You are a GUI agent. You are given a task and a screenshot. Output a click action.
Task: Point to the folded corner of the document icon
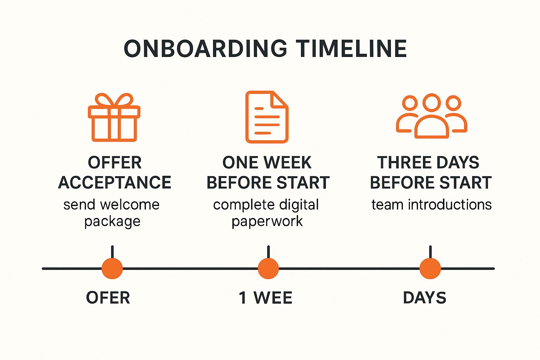(x=281, y=99)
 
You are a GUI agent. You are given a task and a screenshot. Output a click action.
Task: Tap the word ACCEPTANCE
(x=115, y=182)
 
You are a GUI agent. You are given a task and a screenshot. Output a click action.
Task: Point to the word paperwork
(x=267, y=221)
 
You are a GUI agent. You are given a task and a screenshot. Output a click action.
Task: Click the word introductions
(x=450, y=205)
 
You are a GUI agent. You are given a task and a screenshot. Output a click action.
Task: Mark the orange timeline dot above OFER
(x=112, y=269)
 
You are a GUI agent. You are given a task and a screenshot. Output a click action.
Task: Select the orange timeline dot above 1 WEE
(x=268, y=269)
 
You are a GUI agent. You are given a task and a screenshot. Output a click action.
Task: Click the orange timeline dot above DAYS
(x=430, y=269)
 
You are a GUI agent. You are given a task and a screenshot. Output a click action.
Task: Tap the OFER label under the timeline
(x=108, y=298)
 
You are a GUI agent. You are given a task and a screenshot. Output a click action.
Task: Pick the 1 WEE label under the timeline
(x=265, y=298)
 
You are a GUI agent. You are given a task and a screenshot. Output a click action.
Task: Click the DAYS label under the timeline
(x=424, y=298)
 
